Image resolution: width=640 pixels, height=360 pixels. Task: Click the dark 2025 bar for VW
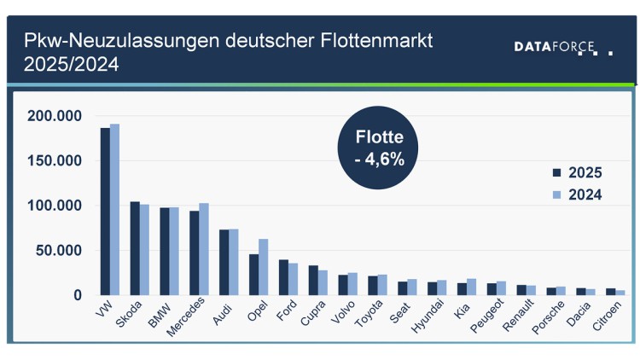click(x=105, y=212)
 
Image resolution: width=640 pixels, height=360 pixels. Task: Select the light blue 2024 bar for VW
click(x=114, y=210)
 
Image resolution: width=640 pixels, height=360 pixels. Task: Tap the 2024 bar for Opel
click(x=264, y=267)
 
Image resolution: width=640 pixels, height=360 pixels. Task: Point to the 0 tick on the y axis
click(x=76, y=295)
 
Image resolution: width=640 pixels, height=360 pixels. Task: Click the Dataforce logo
click(x=562, y=47)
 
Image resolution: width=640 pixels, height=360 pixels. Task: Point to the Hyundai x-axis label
click(x=428, y=316)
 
